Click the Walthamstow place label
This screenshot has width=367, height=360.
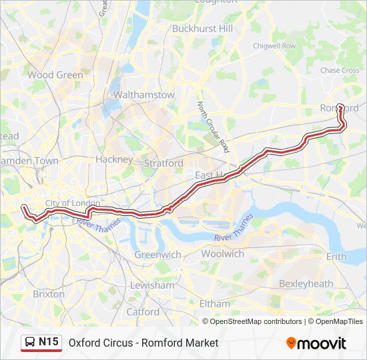coord(144,95)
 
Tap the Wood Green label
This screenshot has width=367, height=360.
coord(55,75)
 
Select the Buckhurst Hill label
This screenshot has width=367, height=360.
coord(202,29)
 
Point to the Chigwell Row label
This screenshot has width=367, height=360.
coord(274,46)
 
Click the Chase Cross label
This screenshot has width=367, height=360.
coord(340,70)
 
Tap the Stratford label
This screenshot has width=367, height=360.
coord(163,163)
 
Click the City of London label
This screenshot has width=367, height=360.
coord(73,203)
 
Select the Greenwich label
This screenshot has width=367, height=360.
coord(157,255)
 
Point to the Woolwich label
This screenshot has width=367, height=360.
coord(222,253)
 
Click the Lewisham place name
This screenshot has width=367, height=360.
coord(153,285)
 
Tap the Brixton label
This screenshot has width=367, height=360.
coord(49,293)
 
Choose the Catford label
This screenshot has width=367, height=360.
coord(143,311)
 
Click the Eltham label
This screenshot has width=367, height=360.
coord(214,303)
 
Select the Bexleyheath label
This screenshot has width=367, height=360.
coord(306,283)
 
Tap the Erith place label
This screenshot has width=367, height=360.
coord(336,257)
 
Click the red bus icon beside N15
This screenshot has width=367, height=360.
coord(30,343)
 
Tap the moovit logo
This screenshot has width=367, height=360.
coord(316,343)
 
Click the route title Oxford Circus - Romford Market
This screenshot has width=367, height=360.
coord(143,343)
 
